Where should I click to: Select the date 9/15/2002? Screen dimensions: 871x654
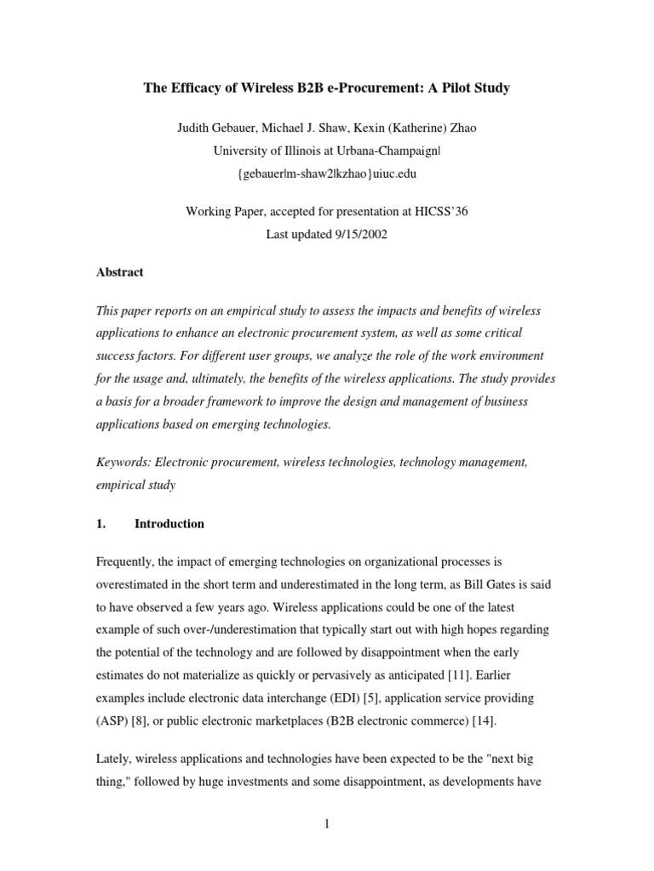[x=358, y=234]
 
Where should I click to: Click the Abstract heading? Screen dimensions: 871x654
[x=120, y=273]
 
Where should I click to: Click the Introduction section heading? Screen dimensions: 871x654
[x=169, y=524]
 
